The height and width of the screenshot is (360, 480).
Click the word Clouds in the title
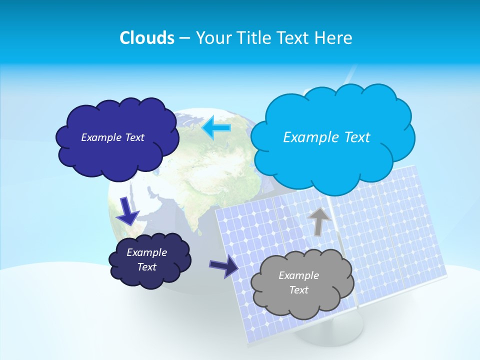[x=147, y=37]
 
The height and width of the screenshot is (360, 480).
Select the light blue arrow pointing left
[x=216, y=128]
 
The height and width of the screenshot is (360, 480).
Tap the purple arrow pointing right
[x=223, y=266]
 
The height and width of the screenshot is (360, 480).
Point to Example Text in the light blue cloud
[x=326, y=137]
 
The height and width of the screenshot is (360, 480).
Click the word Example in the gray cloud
[x=298, y=275]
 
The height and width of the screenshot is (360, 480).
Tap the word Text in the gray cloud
[x=298, y=290]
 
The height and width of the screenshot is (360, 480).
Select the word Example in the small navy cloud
[x=146, y=252]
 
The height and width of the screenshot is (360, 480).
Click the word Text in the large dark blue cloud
[x=133, y=137]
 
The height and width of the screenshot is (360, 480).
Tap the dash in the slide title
[x=184, y=38]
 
